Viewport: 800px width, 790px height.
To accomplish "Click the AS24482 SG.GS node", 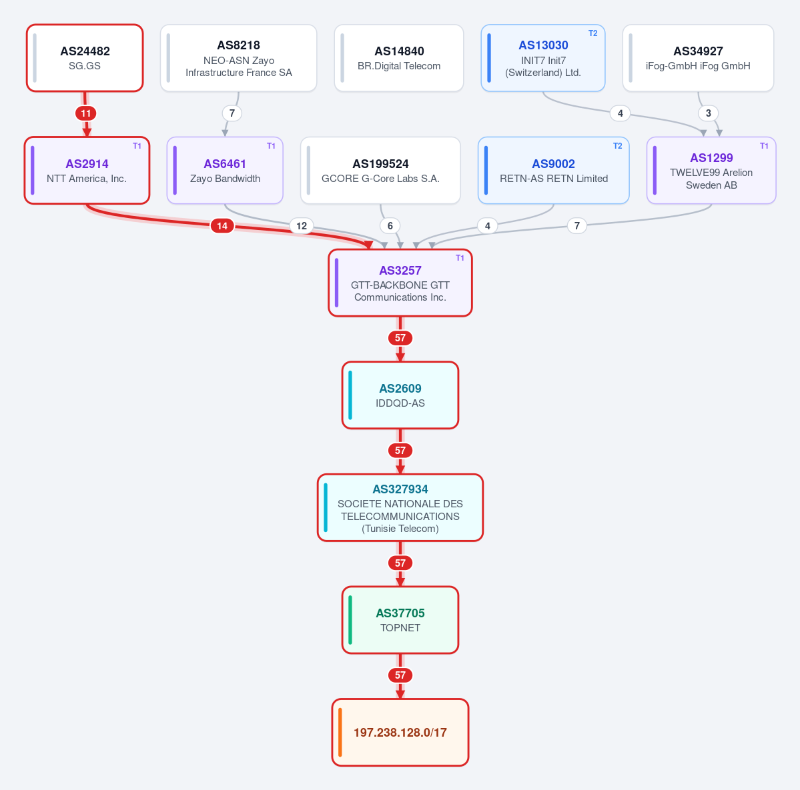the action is click(x=85, y=58).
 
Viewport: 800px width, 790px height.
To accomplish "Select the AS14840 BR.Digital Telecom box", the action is click(x=399, y=58).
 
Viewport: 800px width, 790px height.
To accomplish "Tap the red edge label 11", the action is click(x=85, y=113).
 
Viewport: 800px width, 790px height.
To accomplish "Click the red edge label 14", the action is click(x=222, y=226).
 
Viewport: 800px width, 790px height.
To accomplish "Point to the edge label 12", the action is click(x=302, y=226).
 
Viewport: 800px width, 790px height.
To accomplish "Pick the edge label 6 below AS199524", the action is click(x=390, y=226).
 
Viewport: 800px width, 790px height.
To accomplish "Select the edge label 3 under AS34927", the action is click(x=708, y=113).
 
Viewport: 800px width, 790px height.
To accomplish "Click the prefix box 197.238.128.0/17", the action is click(x=400, y=733).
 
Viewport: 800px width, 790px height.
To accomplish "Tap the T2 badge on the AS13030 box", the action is click(x=593, y=33).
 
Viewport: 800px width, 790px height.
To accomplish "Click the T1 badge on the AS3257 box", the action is click(x=460, y=258).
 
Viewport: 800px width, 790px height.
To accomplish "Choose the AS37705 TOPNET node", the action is click(x=400, y=620).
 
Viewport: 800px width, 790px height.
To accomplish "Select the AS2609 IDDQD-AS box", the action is click(x=400, y=395).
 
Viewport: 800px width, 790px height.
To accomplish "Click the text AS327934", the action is click(x=400, y=489).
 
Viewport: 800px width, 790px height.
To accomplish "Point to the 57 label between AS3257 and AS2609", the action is click(x=400, y=338).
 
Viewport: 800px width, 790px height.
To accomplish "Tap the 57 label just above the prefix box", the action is click(x=400, y=675).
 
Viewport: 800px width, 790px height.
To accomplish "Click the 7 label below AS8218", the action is click(x=232, y=113).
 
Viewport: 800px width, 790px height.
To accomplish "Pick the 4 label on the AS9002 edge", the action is click(x=487, y=226).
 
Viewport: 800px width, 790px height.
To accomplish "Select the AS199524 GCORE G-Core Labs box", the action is click(x=380, y=170).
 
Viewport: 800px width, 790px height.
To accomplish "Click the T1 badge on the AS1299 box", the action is click(x=764, y=146).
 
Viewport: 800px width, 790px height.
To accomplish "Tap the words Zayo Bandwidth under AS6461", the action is click(x=225, y=179).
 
